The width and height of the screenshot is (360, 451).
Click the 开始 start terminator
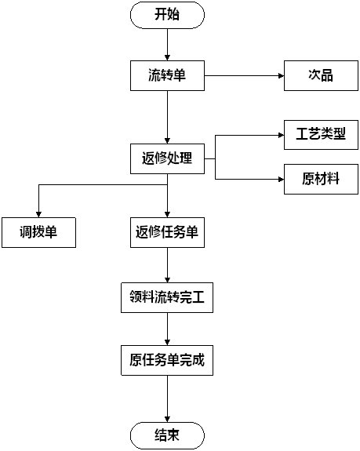pos(167,15)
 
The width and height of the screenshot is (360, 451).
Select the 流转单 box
pos(167,75)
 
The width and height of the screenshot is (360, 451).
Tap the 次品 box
pos(322,75)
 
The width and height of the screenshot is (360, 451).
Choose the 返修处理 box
pos(167,158)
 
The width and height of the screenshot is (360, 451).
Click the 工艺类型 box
pos(322,135)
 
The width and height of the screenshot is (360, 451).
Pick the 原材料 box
pos(322,179)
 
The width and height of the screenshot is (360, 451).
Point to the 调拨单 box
pos(38,232)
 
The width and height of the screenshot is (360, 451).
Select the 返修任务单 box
pos(167,232)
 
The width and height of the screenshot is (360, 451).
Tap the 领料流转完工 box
pos(167,298)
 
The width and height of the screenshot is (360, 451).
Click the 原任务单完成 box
pos(167,360)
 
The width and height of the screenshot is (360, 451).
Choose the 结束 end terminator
pos(167,435)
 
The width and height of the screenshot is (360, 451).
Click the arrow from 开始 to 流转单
pos(167,44)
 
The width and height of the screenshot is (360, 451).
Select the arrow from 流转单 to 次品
pos(245,75)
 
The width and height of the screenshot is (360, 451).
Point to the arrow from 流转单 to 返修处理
pos(167,117)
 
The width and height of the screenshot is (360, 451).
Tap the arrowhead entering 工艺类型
pos(282,135)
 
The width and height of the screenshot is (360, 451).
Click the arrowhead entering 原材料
pos(282,179)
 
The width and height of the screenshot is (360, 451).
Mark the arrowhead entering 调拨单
pos(38,215)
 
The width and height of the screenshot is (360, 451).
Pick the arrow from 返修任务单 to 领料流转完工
pos(167,265)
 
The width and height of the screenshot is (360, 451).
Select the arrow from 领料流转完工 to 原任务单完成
pos(167,329)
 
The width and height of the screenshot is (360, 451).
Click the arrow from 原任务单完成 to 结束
pos(167,398)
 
